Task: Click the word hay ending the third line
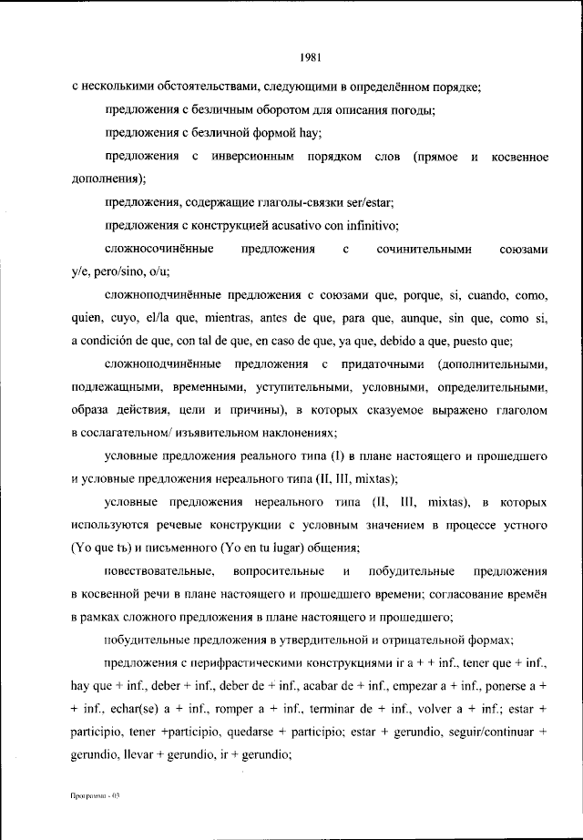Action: coord(261,134)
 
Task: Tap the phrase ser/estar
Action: coord(368,202)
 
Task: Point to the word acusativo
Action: coord(299,226)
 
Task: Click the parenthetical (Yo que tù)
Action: coord(104,548)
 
